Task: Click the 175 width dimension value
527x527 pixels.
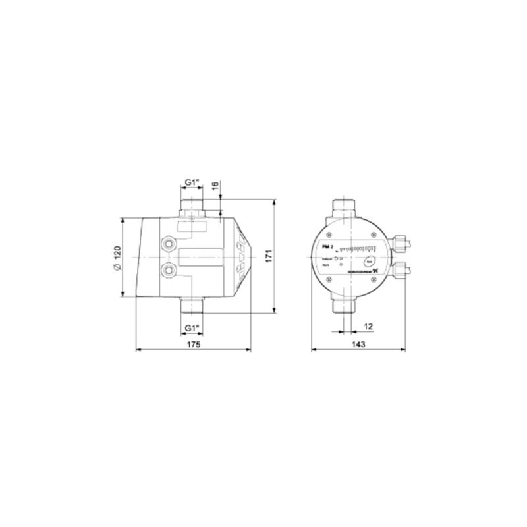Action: point(192,344)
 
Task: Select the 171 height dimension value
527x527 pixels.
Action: point(267,257)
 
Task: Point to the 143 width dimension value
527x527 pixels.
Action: point(358,344)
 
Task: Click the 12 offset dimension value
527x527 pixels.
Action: point(368,326)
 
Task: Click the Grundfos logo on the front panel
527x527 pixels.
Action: point(361,270)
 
